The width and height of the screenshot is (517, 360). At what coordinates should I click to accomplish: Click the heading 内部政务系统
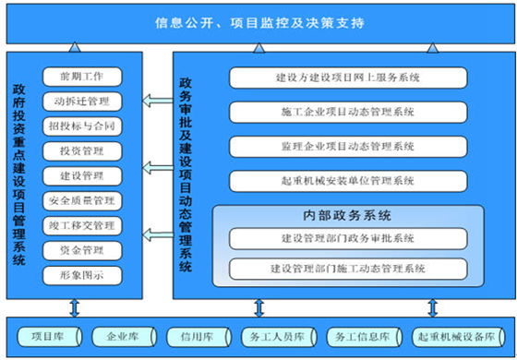pos(343,216)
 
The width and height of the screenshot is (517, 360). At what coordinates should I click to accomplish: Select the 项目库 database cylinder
pos(46,336)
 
